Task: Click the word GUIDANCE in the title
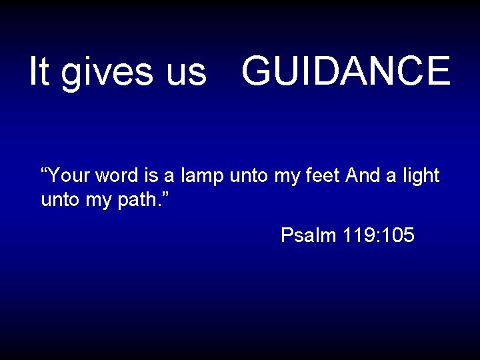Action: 346,71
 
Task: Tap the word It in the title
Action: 39,71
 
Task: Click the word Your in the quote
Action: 70,176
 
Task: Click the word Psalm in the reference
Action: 309,235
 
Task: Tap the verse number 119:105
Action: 379,235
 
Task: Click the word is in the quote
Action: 149,176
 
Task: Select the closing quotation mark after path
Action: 165,194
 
